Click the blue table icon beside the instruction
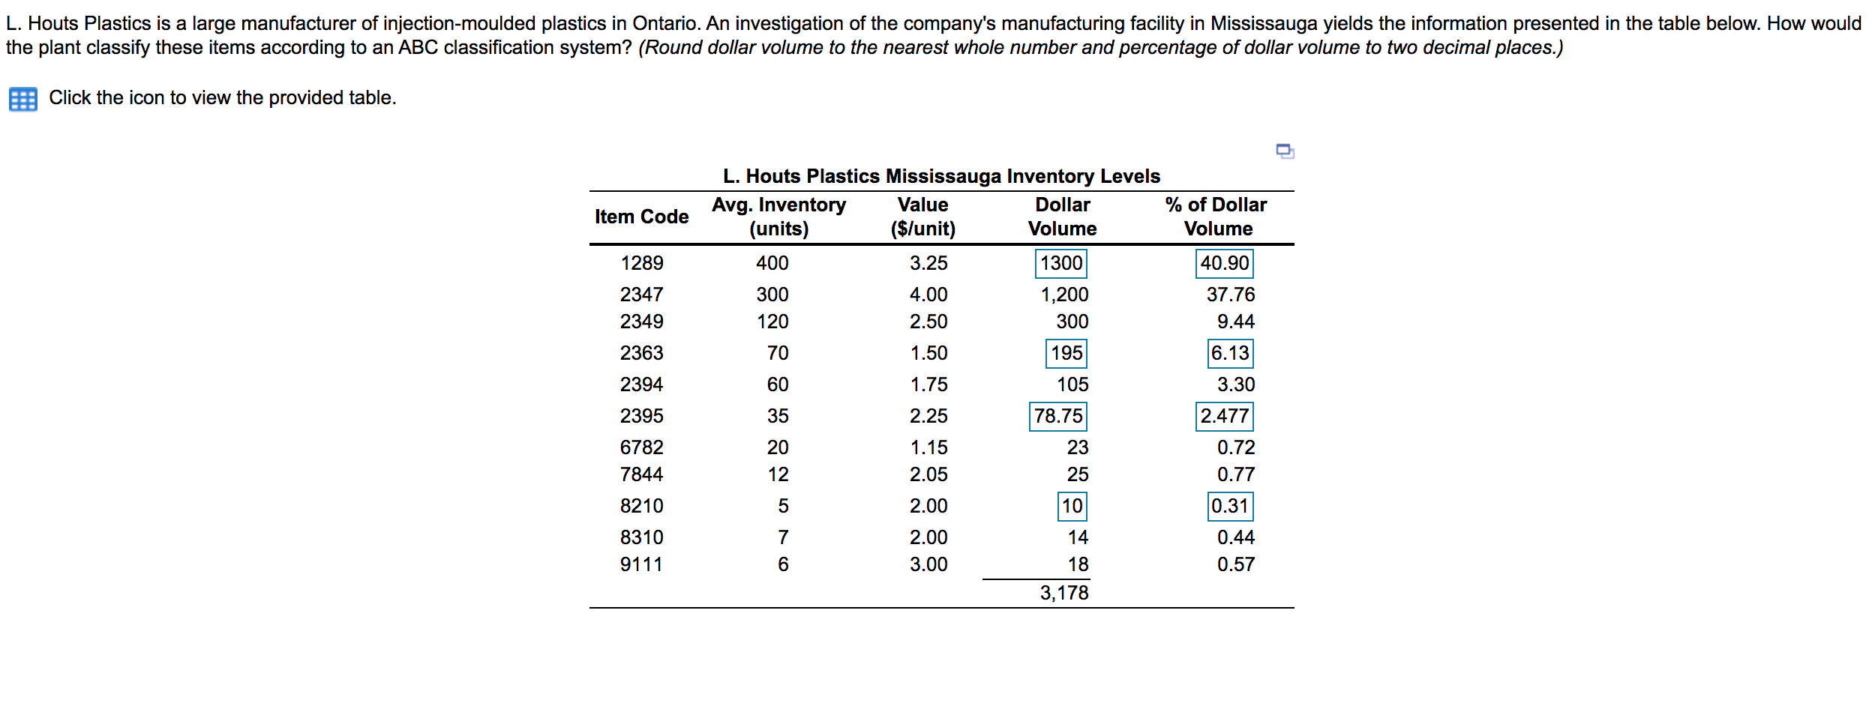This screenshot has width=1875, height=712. (22, 99)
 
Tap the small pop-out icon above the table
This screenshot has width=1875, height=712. (1285, 151)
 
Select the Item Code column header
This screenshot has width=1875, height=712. (641, 217)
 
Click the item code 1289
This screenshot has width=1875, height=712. (641, 263)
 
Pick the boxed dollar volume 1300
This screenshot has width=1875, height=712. (1061, 263)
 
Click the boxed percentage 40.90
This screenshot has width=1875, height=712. (1224, 263)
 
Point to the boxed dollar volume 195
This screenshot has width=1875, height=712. (1066, 353)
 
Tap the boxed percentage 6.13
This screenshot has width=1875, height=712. (1230, 353)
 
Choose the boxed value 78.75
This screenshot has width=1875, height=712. (1057, 416)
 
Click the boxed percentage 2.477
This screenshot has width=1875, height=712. (1224, 416)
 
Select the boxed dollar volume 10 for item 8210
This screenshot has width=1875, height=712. (1072, 506)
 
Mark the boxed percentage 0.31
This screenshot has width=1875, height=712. (1230, 506)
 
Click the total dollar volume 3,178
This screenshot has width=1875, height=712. (1063, 593)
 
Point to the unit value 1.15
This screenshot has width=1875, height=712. (928, 447)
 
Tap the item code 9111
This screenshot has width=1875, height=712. (641, 564)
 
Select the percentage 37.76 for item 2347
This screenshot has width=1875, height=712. (1230, 295)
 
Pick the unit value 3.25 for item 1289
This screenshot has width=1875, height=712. (928, 263)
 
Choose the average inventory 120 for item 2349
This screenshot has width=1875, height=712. (772, 322)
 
